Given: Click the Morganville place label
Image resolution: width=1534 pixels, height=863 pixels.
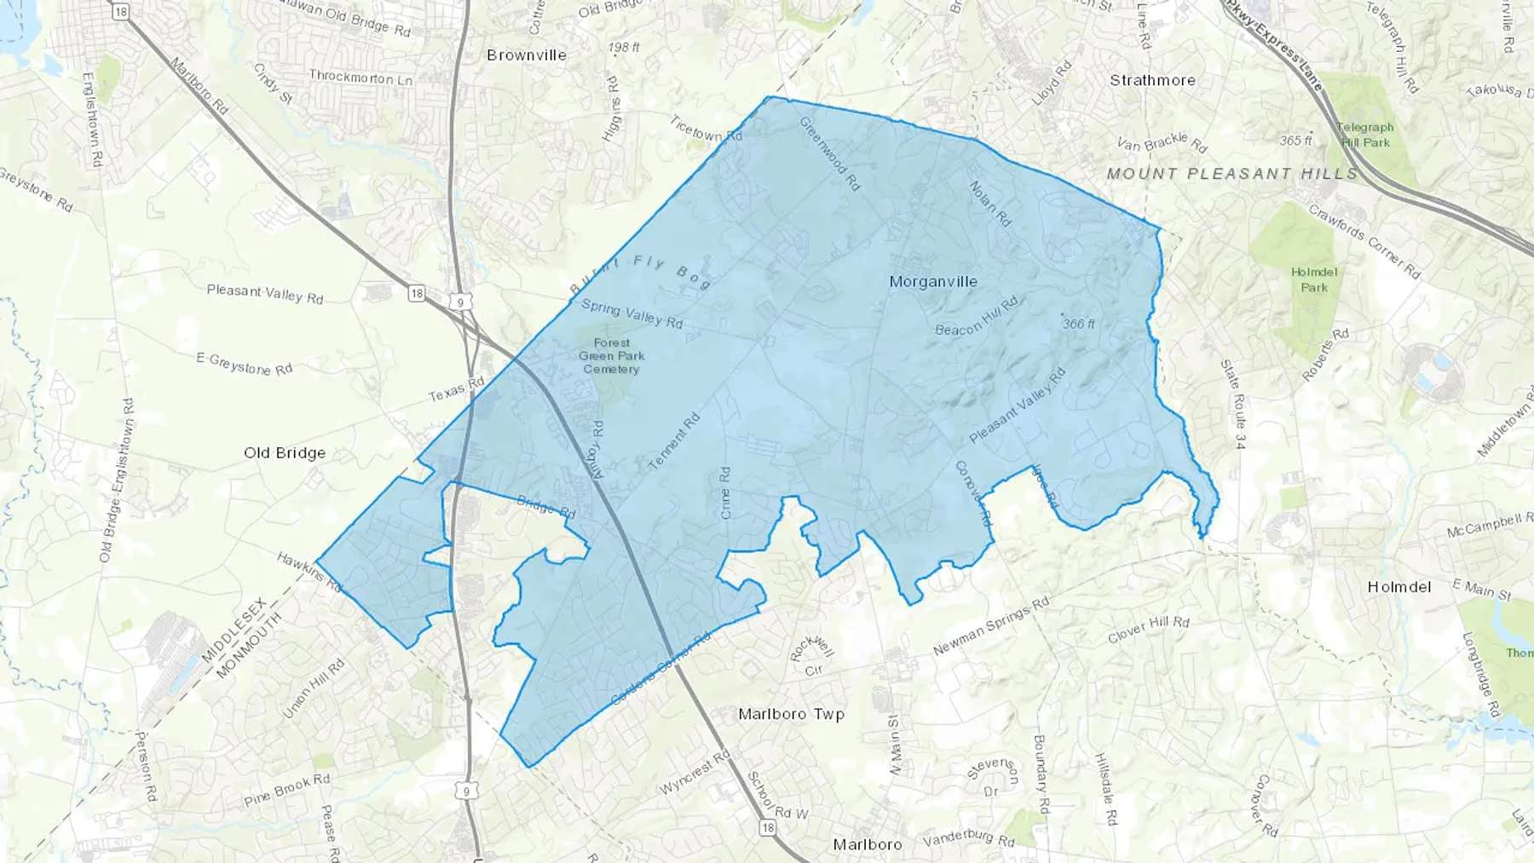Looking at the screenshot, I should (x=933, y=282).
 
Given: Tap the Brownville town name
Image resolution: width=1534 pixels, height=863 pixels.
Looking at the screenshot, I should (x=527, y=55).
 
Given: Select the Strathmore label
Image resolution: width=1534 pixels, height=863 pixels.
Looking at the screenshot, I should (x=1152, y=81).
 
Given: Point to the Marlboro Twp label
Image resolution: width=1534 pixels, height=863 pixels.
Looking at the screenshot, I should (x=791, y=714).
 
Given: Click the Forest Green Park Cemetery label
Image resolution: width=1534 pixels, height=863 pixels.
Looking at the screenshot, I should (x=611, y=356).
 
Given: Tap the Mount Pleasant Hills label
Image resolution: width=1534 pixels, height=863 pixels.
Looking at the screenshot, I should (x=1231, y=174).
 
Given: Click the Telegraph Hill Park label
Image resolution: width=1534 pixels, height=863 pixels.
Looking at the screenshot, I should (x=1365, y=135).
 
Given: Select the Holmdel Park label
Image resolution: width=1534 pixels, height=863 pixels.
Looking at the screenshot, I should (x=1314, y=279).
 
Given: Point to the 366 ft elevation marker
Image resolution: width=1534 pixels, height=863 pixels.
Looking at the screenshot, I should (x=1078, y=324).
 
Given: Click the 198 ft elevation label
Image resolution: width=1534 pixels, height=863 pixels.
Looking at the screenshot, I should (x=624, y=48).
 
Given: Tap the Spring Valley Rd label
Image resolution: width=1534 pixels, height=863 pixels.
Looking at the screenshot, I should (x=631, y=314).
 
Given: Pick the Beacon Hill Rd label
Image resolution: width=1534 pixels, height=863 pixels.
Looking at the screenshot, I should (x=977, y=317).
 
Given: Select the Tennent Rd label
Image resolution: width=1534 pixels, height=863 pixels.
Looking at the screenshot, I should (x=674, y=441).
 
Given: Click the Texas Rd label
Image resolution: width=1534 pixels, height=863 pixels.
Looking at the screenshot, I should (x=456, y=389).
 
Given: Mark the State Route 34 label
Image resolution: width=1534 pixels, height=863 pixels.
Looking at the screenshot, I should (x=1233, y=405).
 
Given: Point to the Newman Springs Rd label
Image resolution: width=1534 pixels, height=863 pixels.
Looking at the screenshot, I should (x=990, y=626).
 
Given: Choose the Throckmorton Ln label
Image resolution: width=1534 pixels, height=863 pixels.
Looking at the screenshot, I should (x=360, y=78).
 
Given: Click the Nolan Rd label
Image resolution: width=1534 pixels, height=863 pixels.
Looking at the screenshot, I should (x=990, y=204).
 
